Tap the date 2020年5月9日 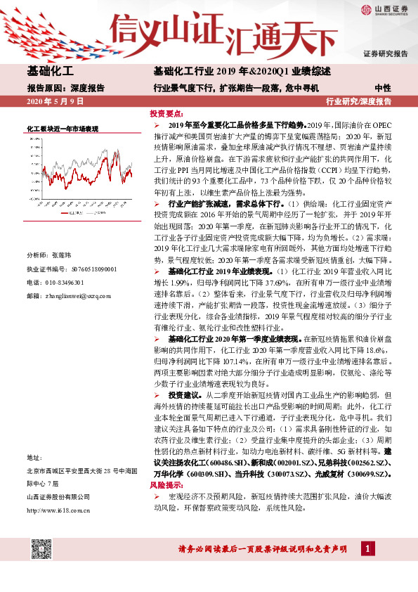55,102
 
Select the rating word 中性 383,89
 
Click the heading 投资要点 166,112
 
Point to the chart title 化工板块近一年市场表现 62,129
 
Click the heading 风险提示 166,485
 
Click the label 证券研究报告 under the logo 385,54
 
